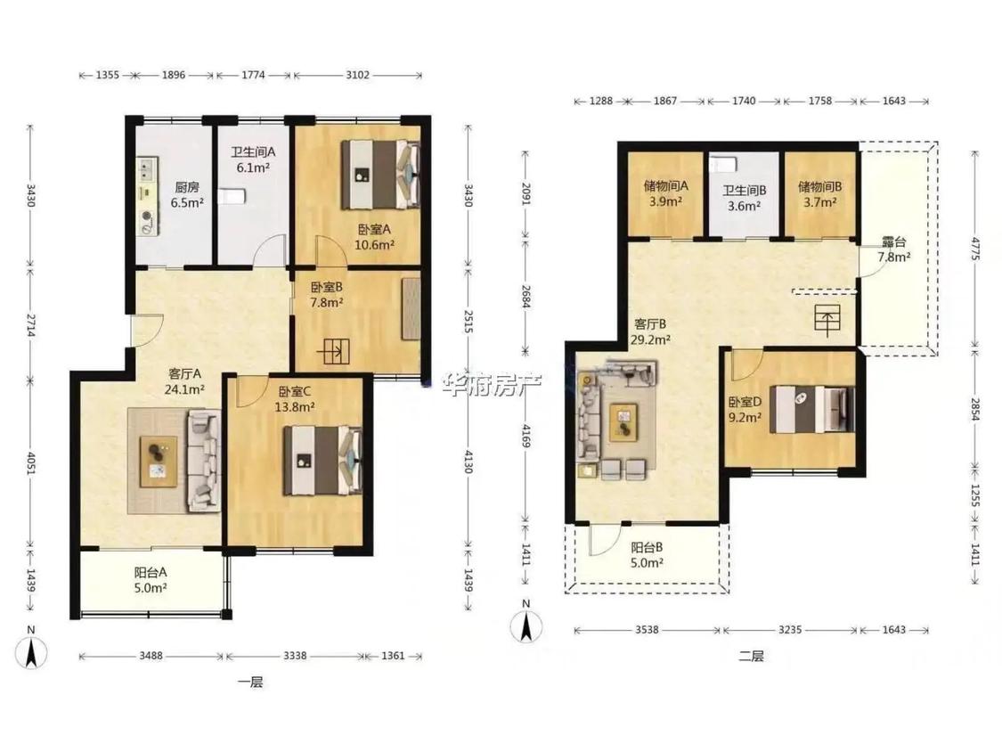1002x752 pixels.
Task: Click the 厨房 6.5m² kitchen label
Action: pos(187,195)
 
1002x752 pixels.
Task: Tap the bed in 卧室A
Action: pos(381,175)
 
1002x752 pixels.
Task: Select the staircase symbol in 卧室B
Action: pos(333,352)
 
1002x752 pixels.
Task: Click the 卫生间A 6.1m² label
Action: pos(253,159)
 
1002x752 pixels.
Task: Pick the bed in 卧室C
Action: pos(322,461)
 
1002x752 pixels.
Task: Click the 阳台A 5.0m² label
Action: pos(151,581)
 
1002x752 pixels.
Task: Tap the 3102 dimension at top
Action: pos(357,75)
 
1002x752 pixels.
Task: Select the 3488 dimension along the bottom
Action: pos(151,656)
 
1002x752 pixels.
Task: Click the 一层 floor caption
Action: pos(250,683)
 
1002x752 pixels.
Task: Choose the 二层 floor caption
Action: pos(752,656)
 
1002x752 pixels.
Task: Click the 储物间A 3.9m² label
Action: pos(666,193)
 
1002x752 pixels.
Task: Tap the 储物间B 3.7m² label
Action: pos(820,194)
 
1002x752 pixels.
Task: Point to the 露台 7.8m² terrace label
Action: pos(894,249)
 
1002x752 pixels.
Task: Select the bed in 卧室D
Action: pos(812,409)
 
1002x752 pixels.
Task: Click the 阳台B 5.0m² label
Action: pos(647,555)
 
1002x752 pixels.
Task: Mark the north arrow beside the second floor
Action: pos(525,625)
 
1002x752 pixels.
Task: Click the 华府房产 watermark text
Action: pos(492,385)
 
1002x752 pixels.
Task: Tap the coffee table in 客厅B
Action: pos(623,422)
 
